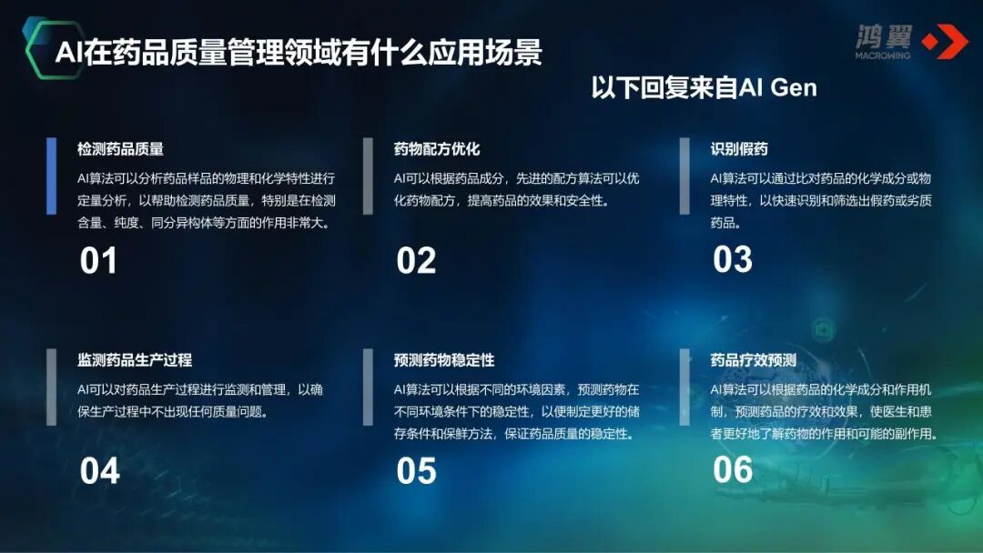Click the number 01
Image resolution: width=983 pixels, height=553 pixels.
coord(98,262)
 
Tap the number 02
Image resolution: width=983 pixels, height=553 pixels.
coord(416,262)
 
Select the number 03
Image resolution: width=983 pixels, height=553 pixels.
coord(733,260)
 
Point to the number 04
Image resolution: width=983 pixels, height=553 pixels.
coord(99,471)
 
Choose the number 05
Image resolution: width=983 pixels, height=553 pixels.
coord(416,471)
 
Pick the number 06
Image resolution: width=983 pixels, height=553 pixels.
coord(733,469)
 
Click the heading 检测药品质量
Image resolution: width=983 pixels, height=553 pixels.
coord(120,149)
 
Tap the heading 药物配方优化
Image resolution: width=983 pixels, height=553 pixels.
coord(437,149)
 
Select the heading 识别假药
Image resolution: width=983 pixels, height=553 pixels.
coord(739,149)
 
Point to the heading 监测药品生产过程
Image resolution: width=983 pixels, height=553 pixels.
coord(135,360)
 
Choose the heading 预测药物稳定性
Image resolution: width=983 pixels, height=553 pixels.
coord(444,360)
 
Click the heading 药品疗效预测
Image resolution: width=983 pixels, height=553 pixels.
coord(754,360)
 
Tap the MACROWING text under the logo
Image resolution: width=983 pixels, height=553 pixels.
coord(882,55)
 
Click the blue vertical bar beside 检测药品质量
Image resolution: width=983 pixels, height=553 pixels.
coord(52,176)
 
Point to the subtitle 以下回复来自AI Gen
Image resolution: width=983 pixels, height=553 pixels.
coord(704,88)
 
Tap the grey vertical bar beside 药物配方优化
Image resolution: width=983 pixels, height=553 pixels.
coord(368,176)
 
